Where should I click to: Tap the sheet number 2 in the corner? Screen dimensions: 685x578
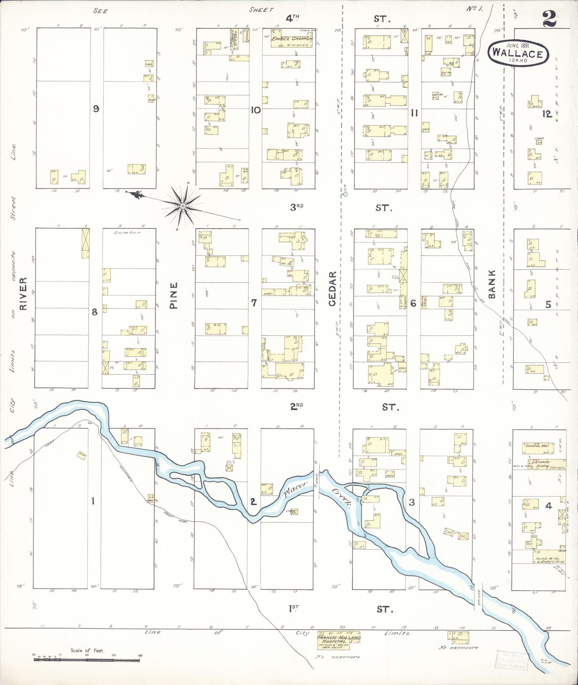point(549,19)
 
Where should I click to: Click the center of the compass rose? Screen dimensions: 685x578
point(183,206)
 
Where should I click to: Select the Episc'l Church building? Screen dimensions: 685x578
point(292,39)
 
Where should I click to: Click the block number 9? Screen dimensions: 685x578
point(96,109)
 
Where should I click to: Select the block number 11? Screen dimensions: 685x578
point(414,114)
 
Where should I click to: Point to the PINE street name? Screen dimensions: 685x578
point(174,296)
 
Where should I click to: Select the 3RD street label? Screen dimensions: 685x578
point(296,207)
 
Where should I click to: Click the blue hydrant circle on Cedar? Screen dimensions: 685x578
point(345,194)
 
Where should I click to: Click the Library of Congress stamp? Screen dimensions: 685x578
point(510,659)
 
